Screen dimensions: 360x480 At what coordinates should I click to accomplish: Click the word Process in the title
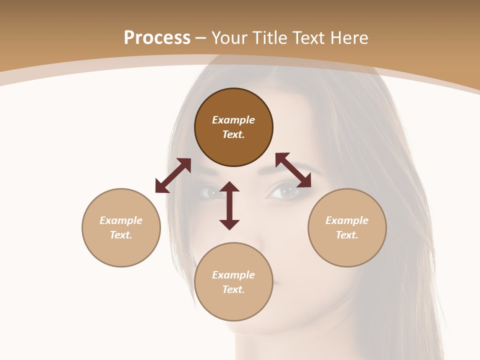pyautogui.click(x=157, y=38)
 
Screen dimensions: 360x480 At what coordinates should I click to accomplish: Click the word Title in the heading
pyautogui.click(x=266, y=38)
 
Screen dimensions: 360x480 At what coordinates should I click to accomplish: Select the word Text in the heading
pyautogui.click(x=308, y=38)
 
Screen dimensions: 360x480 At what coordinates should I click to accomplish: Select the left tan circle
pyautogui.click(x=121, y=250)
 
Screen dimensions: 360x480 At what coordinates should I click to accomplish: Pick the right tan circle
pyautogui.click(x=347, y=250)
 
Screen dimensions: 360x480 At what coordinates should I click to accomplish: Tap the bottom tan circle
pyautogui.click(x=233, y=305)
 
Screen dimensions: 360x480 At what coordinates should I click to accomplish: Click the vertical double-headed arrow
pyautogui.click(x=229, y=205)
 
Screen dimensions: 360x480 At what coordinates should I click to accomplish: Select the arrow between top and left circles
pyautogui.click(x=173, y=175)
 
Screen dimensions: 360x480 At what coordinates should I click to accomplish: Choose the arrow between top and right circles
pyautogui.click(x=293, y=170)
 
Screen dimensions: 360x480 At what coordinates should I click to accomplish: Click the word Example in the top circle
pyautogui.click(x=233, y=120)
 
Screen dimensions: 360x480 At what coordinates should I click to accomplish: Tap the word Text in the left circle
pyautogui.click(x=121, y=235)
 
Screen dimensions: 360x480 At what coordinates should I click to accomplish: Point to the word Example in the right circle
pyautogui.click(x=347, y=220)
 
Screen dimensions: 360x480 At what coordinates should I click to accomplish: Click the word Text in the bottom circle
pyautogui.click(x=233, y=289)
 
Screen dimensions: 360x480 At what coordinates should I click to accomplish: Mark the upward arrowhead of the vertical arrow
pyautogui.click(x=229, y=186)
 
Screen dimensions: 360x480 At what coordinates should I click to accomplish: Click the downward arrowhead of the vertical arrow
pyautogui.click(x=229, y=224)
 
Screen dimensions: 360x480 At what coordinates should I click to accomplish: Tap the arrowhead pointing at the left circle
pyautogui.click(x=161, y=187)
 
